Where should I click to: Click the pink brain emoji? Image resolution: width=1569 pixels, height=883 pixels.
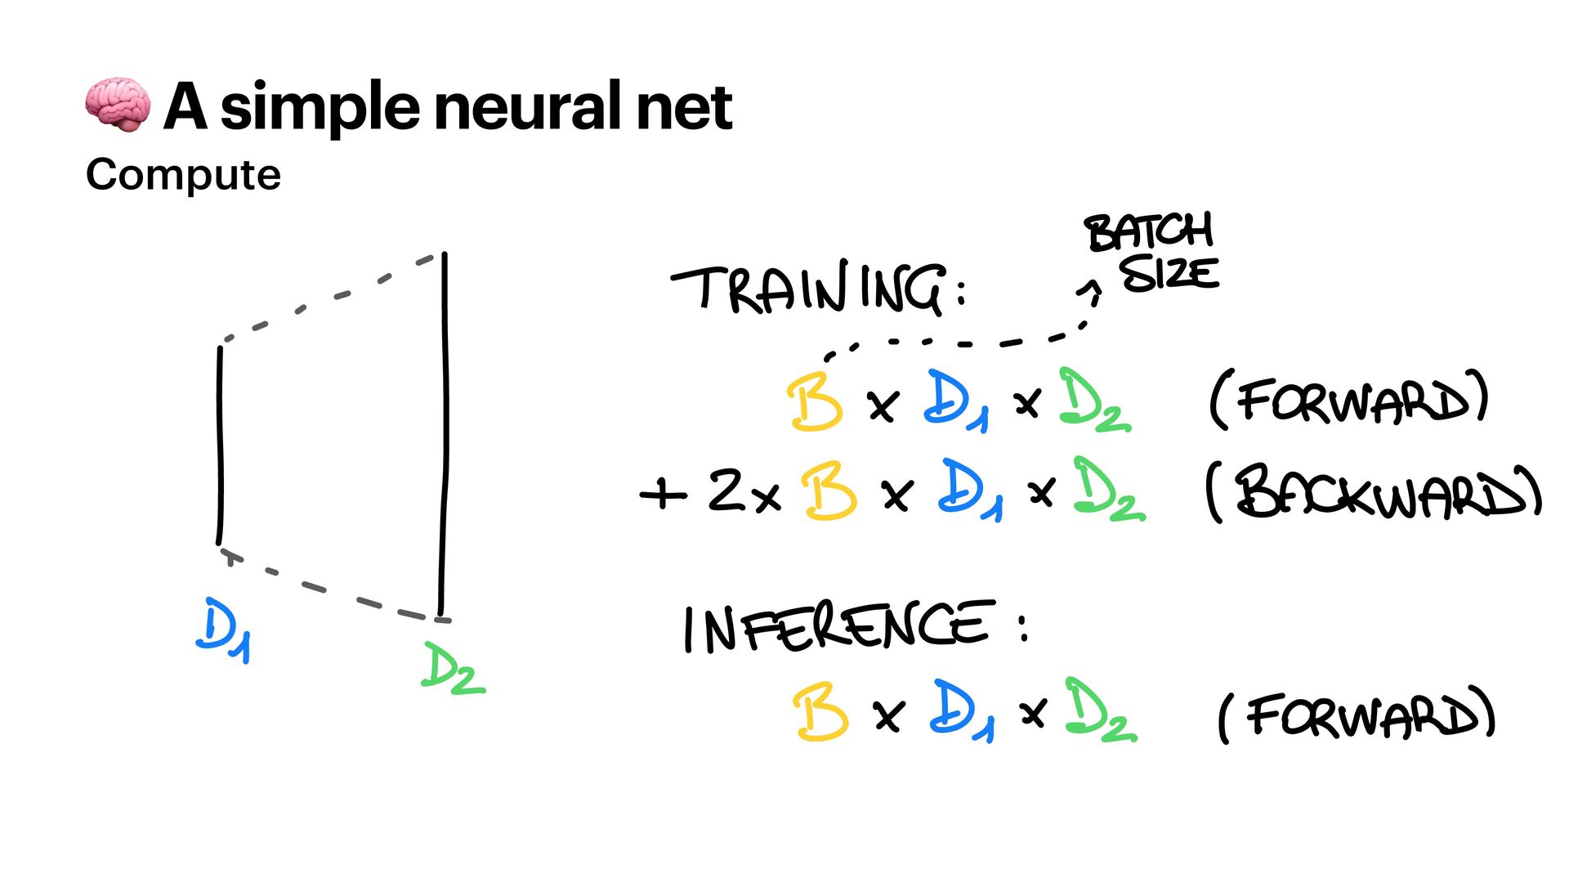[x=118, y=105]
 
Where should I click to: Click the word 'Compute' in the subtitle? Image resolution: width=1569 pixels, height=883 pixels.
[x=183, y=175]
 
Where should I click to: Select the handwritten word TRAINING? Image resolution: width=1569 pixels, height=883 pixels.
[x=809, y=289]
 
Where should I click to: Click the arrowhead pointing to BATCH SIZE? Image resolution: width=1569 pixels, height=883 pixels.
[x=1092, y=289]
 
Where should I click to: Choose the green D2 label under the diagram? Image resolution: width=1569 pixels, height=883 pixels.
[x=451, y=669]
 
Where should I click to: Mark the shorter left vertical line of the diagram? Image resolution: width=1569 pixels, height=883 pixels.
[x=220, y=446]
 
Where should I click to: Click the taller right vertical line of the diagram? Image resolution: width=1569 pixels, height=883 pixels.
[x=444, y=433]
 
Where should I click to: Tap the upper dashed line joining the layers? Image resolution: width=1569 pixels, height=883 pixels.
[x=331, y=298]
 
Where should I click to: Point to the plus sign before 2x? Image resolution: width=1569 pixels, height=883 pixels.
[x=663, y=493]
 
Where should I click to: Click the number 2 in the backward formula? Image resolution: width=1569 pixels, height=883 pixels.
[x=726, y=490]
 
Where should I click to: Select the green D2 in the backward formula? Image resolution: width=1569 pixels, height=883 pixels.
[x=1108, y=491]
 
